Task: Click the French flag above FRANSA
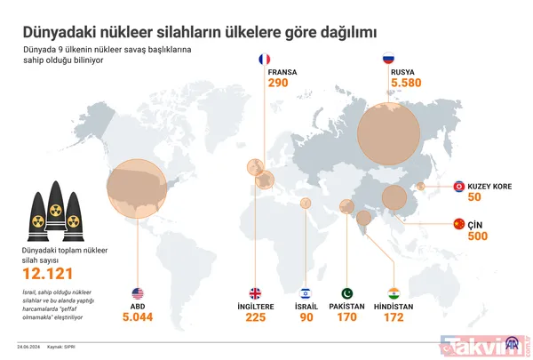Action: point(264,60)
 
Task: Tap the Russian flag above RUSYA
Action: point(387,60)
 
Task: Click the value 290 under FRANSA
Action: point(277,84)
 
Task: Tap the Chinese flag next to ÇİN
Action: point(459,223)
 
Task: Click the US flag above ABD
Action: point(138,293)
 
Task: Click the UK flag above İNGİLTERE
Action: point(255,293)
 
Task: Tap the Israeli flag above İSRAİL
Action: point(306,293)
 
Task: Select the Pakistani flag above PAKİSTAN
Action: point(347,293)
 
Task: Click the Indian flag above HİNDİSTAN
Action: point(394,293)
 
